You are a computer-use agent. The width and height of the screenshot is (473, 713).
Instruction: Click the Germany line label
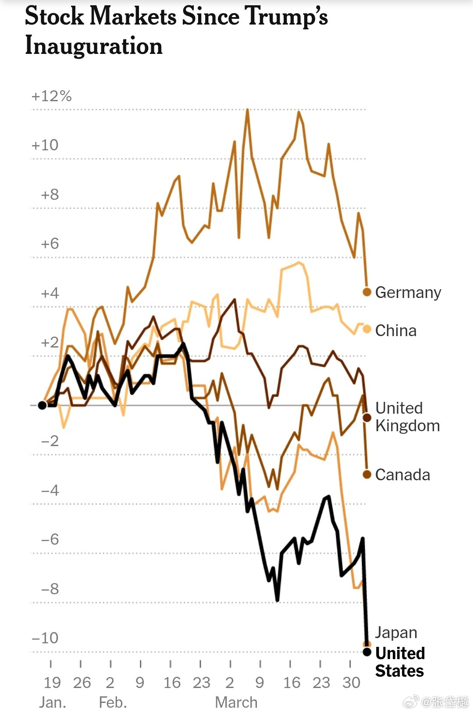coord(408,292)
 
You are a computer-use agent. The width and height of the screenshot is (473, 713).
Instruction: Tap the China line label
coord(395,330)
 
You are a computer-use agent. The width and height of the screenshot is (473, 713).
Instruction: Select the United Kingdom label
coord(407,417)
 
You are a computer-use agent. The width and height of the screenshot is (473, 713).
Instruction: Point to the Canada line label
coord(402,475)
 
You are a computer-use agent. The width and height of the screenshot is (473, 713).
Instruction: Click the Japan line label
coord(396,632)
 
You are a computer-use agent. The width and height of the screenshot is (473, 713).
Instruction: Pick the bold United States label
coord(400,662)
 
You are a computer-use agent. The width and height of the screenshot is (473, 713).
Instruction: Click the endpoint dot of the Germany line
coord(367,292)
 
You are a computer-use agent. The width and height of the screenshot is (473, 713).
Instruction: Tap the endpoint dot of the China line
coord(367,329)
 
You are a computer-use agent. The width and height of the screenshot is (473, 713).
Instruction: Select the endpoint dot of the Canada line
coord(367,474)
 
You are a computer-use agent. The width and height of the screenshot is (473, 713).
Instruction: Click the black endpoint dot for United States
coord(367,652)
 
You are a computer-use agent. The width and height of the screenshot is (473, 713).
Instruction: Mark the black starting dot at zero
coord(42,405)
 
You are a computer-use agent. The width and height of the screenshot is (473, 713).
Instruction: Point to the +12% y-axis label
coord(51,96)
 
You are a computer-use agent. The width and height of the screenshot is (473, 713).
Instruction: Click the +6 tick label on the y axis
coord(50,244)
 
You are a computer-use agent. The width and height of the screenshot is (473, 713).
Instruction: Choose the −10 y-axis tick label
coord(45,638)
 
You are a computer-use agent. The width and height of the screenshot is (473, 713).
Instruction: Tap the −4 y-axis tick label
coord(50,490)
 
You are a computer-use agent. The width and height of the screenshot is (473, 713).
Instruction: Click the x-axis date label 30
coord(351,682)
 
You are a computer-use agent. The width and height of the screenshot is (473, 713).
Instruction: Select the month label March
coord(236,702)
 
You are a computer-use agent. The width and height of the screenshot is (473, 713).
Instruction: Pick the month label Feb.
coord(113,702)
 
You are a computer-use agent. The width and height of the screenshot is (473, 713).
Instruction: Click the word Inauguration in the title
coord(94,46)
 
